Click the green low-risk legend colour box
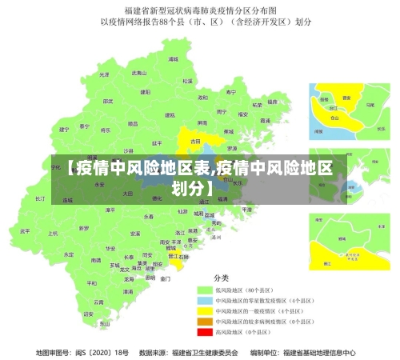pos(205,289)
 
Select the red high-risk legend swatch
pos(205,331)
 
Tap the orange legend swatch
pos(205,321)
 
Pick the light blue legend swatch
pos(205,299)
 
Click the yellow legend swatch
pos(205,310)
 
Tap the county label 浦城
pos(170,59)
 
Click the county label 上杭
pos(54,234)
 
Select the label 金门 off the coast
pos(166,279)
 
